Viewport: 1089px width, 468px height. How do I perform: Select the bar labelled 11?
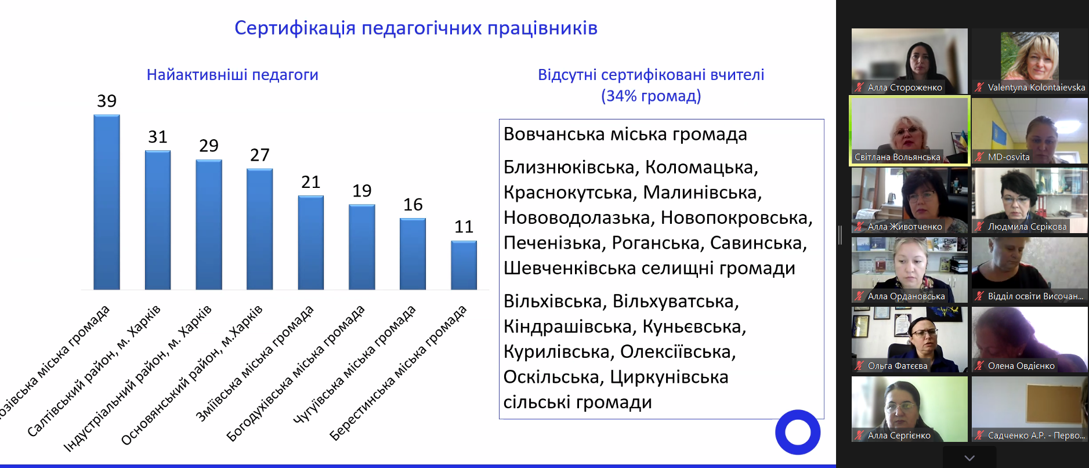tap(464, 265)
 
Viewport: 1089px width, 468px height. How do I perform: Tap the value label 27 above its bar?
tap(260, 155)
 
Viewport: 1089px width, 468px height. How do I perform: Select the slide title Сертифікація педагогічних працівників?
tap(415, 28)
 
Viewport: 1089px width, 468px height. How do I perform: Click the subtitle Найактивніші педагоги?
tap(232, 75)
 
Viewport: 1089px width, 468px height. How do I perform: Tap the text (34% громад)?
tap(651, 96)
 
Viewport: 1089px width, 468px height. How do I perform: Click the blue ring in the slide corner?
tap(798, 432)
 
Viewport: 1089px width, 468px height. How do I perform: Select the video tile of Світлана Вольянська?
tap(909, 130)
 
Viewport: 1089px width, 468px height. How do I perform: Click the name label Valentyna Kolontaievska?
tap(1036, 88)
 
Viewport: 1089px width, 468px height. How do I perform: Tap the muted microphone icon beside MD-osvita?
tap(979, 157)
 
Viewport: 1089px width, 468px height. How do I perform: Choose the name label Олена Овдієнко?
tap(1021, 366)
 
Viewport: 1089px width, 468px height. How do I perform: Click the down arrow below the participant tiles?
tap(969, 458)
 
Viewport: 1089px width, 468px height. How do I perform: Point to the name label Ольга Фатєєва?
tap(898, 366)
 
